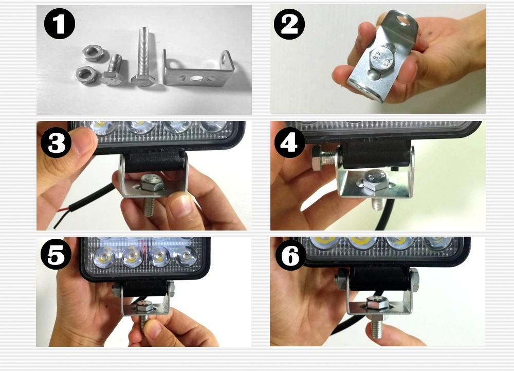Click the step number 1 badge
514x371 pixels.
point(59,24)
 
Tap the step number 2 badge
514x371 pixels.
point(289,24)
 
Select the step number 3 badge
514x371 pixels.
point(56,143)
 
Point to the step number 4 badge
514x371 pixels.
point(289,143)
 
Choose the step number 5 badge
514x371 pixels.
point(56,254)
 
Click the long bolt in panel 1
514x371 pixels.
point(142,57)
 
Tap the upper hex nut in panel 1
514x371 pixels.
point(93,53)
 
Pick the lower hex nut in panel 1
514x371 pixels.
point(86,75)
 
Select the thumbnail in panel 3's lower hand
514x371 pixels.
point(180,205)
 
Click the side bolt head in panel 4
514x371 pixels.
point(316,158)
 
